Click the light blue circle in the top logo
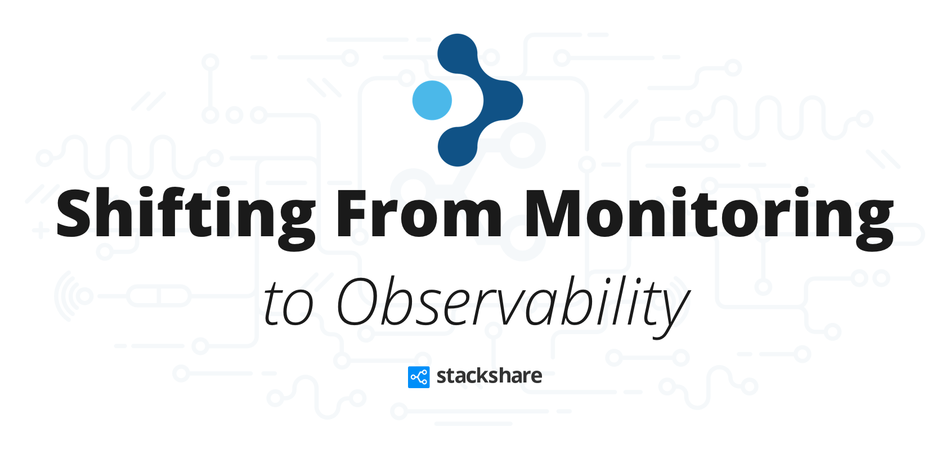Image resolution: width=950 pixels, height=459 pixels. pos(432,101)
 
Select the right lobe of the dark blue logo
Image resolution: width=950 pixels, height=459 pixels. pos(503,100)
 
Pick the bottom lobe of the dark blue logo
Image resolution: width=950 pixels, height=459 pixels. pos(458,146)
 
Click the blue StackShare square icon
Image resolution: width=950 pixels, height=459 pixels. pos(419,377)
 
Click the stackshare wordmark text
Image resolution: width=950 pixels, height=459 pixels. pos(490,376)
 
